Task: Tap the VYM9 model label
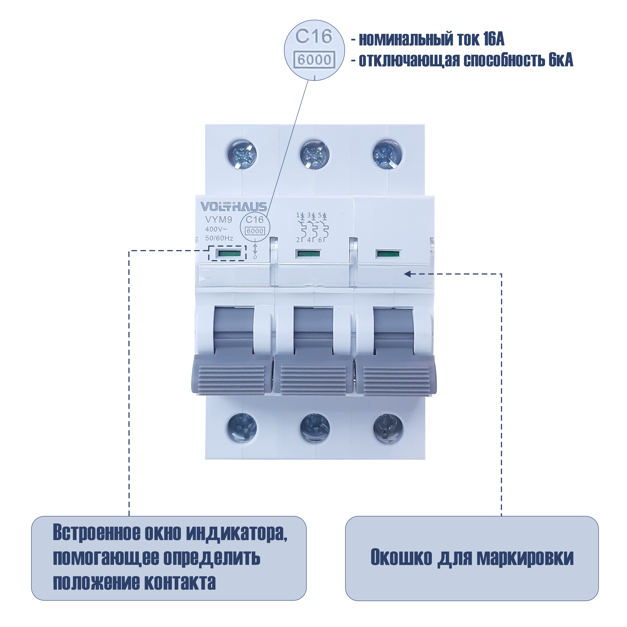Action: click(218, 220)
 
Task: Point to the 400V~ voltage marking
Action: click(216, 229)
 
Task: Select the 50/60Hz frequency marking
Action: click(219, 238)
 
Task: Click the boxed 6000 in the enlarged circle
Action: click(314, 60)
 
